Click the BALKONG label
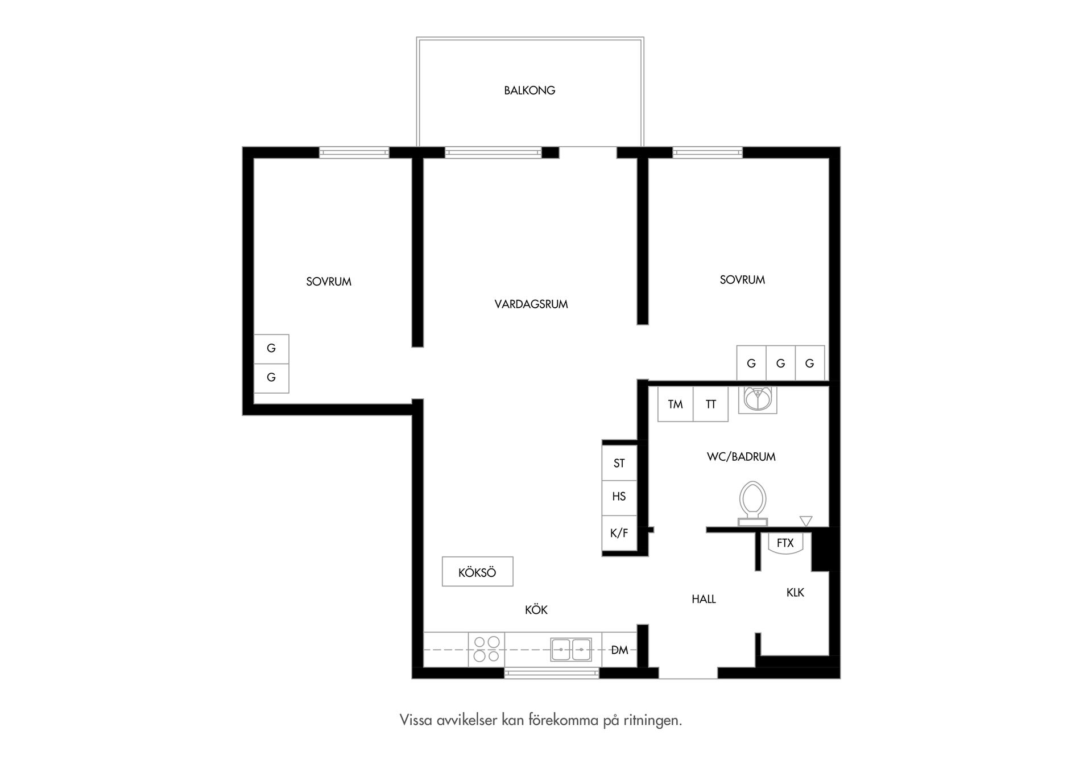[530, 90]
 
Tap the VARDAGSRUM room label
[531, 304]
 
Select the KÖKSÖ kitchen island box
[478, 571]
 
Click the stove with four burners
[486, 649]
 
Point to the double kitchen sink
[570, 650]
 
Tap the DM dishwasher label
[619, 650]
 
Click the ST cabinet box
[619, 463]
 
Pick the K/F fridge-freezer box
[619, 534]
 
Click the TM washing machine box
[675, 404]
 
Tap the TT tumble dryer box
[711, 404]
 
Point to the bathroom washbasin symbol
[758, 399]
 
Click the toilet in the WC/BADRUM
[752, 503]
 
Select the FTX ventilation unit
[785, 543]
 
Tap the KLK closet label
[795, 593]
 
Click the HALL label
[704, 599]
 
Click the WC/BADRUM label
[741, 457]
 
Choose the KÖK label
[536, 610]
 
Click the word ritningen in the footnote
[653, 721]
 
